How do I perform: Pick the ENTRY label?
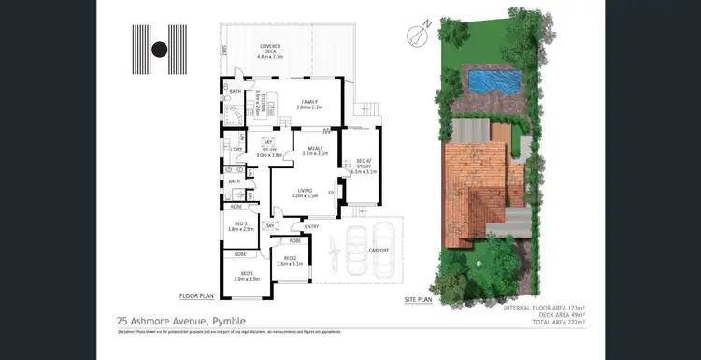[310, 226]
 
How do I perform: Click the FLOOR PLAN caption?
[197, 295]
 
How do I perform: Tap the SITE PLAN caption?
[418, 300]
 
